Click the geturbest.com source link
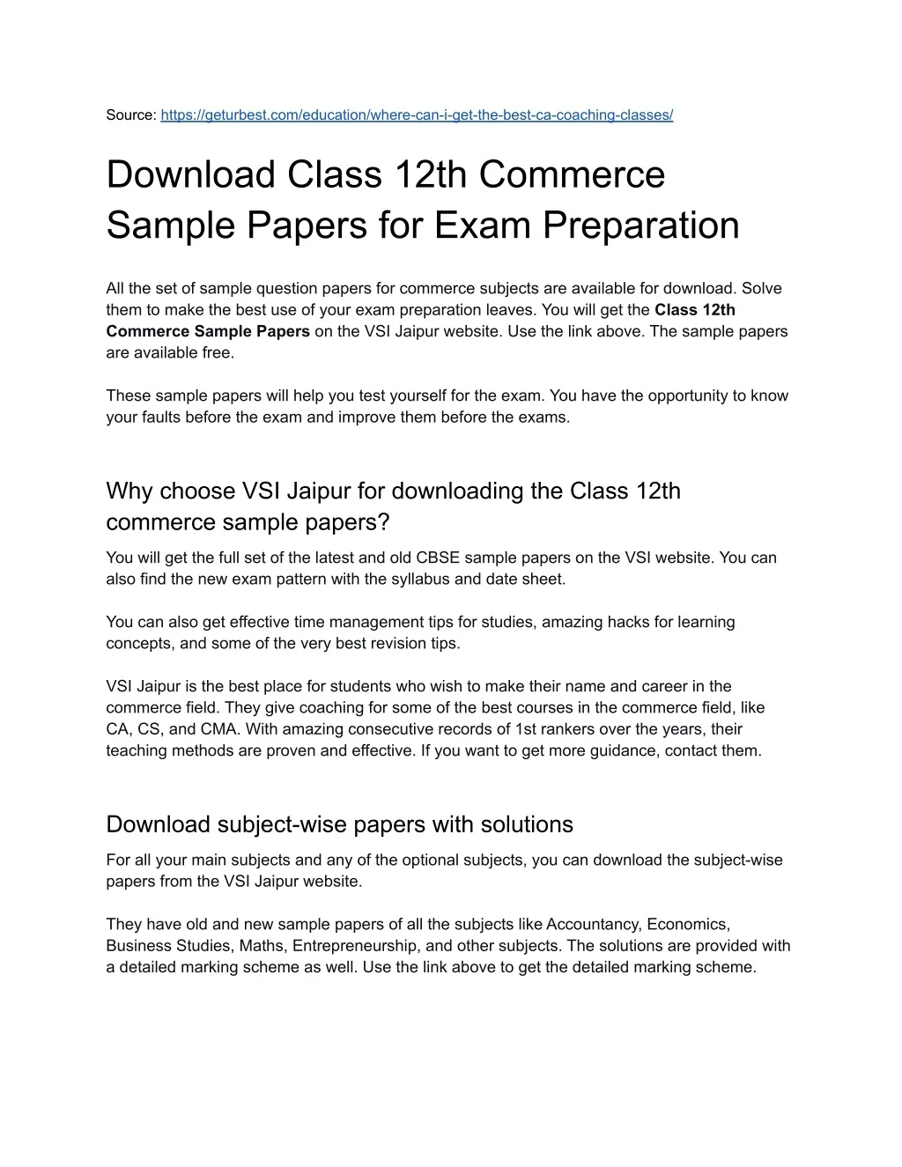(x=417, y=115)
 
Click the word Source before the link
(x=129, y=115)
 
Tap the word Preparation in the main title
(x=640, y=225)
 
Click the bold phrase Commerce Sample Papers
(x=208, y=331)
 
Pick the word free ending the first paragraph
(x=219, y=353)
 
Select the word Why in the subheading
(x=129, y=491)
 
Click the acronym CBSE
(x=438, y=558)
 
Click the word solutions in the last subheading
(x=527, y=824)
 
